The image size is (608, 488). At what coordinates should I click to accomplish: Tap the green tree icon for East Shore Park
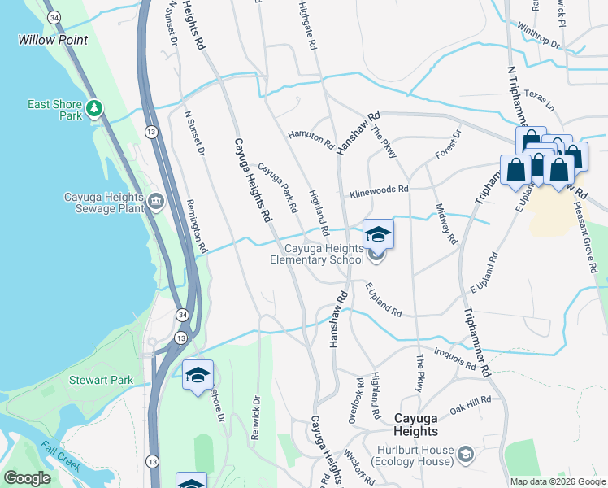95,107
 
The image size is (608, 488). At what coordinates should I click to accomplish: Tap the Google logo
27,478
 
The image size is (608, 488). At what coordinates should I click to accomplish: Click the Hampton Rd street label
311,139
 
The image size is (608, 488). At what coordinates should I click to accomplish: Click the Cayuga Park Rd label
278,188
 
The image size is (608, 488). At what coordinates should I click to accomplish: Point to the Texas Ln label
539,96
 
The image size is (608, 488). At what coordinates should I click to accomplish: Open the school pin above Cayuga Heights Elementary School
378,235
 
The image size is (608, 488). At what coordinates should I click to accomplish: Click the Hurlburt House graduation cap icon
466,452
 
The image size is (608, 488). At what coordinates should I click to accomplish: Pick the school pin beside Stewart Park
198,375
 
